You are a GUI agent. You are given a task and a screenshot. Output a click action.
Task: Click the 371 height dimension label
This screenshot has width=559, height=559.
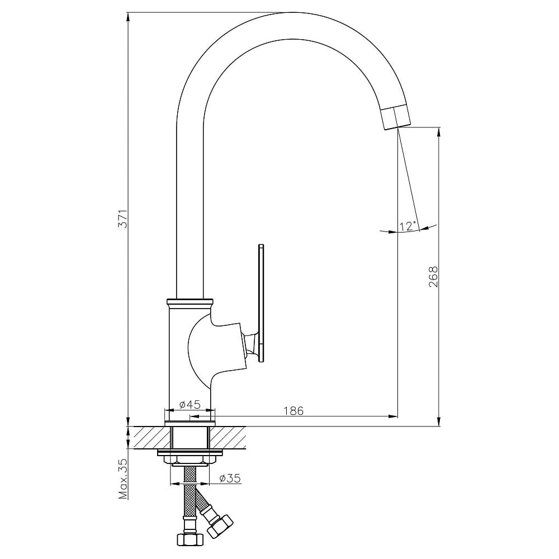123,219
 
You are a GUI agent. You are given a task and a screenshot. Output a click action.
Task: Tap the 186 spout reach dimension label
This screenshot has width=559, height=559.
293,411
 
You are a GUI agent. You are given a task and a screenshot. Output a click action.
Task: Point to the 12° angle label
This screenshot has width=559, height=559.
408,226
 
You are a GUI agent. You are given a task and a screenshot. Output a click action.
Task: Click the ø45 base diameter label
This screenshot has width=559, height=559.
190,404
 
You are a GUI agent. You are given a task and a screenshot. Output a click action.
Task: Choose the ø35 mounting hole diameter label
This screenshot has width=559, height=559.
230,478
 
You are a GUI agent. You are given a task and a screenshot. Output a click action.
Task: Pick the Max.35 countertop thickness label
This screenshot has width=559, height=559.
123,479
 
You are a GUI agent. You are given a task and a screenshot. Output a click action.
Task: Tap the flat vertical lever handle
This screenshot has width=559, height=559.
261,304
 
